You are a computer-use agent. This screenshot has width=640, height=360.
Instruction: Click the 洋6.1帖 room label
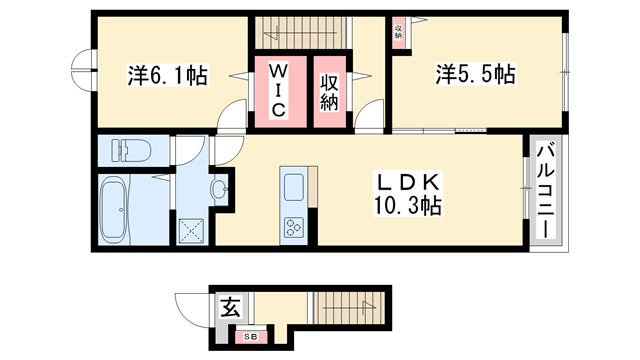(168, 75)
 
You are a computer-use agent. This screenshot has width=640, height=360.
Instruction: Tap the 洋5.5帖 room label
(475, 74)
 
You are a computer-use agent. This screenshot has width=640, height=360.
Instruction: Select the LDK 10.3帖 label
(406, 195)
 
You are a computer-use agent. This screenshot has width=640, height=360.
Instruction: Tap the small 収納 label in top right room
(397, 30)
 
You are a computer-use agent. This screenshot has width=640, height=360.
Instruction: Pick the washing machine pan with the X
(192, 231)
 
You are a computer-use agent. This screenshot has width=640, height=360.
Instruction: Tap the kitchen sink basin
(295, 186)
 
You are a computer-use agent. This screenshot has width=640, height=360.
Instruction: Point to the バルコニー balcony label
(546, 190)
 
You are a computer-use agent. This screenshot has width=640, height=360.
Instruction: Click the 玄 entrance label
(230, 307)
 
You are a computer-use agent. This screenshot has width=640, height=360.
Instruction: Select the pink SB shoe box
(252, 336)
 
